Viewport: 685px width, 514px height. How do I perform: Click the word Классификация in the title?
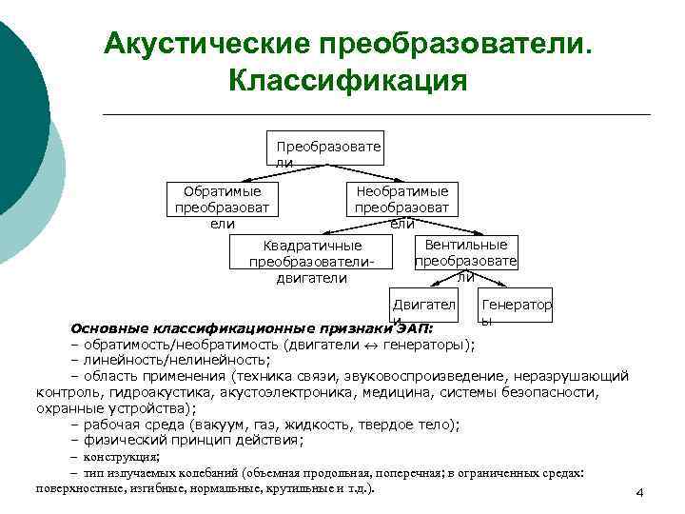[347, 79]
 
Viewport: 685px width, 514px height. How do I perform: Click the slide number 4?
[640, 492]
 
